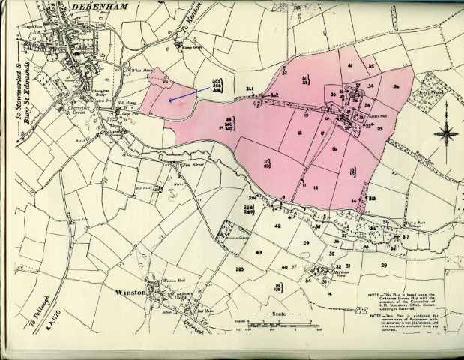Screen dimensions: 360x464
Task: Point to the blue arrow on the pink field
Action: tap(181, 93)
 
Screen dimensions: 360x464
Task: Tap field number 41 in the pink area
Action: tap(350, 67)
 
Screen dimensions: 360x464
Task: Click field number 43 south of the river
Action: tap(258, 253)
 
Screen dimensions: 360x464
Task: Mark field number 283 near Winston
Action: tap(239, 268)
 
